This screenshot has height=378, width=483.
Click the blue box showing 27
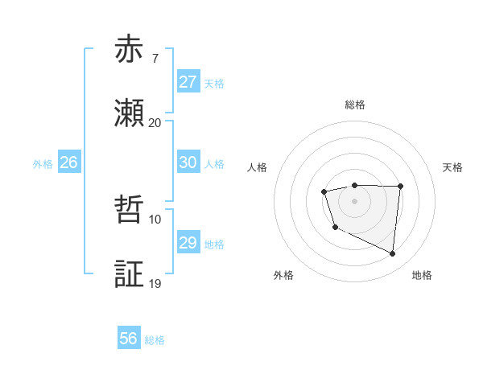click(x=188, y=82)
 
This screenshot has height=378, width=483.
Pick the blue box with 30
click(x=188, y=162)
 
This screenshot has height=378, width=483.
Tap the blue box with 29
click(x=188, y=243)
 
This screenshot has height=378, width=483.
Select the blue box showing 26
click(x=68, y=162)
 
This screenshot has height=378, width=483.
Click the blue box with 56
click(x=128, y=339)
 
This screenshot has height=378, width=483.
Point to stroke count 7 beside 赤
click(x=155, y=59)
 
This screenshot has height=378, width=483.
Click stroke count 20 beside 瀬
click(x=155, y=123)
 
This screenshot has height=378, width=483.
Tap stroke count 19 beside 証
click(x=155, y=284)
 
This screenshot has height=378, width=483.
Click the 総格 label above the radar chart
click(x=354, y=105)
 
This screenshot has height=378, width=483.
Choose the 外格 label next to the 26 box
click(x=43, y=163)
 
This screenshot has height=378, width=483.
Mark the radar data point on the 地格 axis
click(x=393, y=254)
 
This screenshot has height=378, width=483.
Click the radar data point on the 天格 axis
click(x=400, y=187)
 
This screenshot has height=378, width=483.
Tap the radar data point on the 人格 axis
click(x=324, y=191)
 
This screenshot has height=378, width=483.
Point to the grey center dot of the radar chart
click(x=354, y=200)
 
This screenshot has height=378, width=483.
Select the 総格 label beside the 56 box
click(x=155, y=340)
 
